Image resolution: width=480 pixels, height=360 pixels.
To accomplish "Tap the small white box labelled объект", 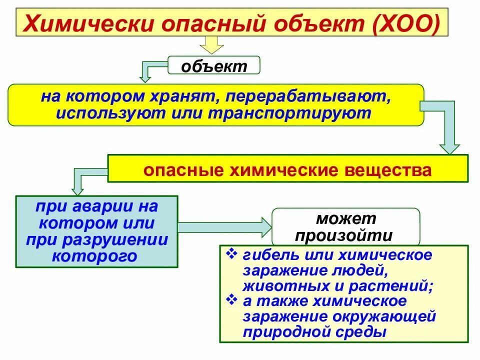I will (x=214, y=65).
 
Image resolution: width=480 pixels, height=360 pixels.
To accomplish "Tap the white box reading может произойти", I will (x=345, y=226).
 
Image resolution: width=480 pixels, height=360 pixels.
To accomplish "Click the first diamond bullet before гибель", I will (x=231, y=254).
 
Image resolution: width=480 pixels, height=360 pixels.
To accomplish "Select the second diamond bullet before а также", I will (x=231, y=300).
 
